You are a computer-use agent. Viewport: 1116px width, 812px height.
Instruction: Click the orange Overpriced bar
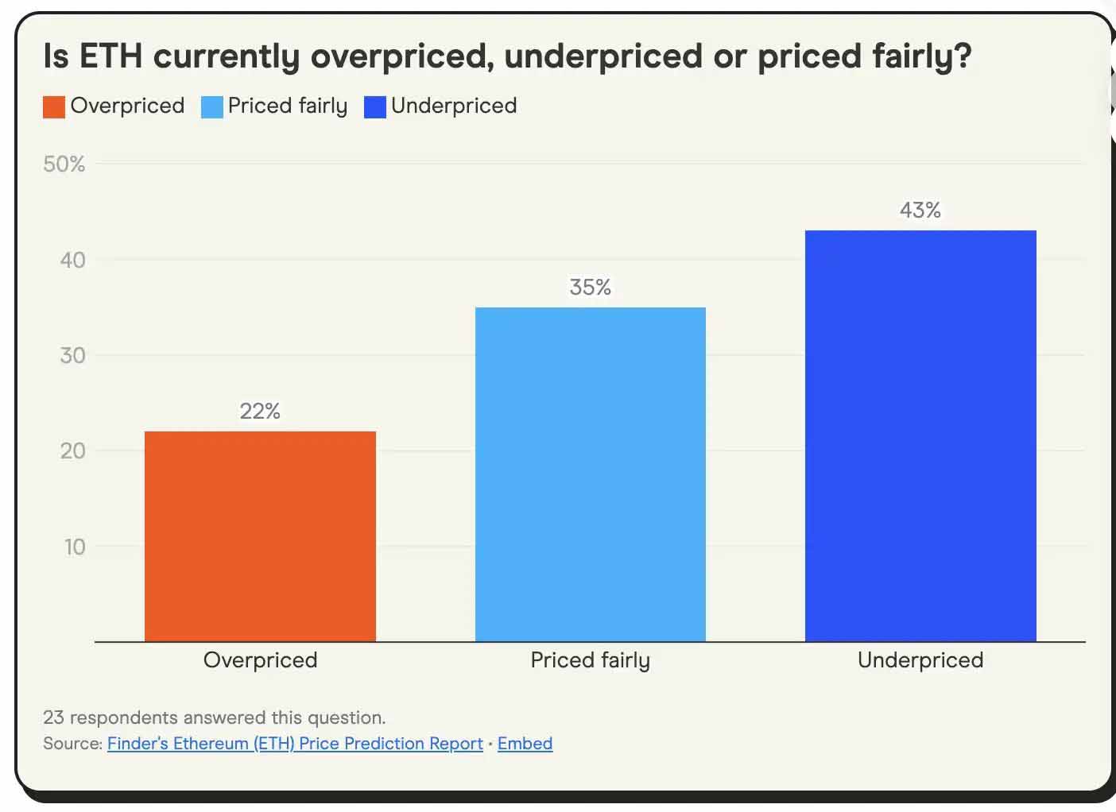click(260, 536)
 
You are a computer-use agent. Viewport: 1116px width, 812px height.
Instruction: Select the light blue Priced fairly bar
click(590, 474)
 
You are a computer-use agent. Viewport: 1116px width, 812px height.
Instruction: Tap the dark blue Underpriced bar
click(920, 435)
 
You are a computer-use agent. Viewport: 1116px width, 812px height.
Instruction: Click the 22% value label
click(260, 411)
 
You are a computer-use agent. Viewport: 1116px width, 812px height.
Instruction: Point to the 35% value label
click(590, 287)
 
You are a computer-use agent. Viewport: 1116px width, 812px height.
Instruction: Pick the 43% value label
click(920, 210)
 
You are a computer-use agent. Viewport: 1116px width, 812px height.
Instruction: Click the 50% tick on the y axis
click(64, 164)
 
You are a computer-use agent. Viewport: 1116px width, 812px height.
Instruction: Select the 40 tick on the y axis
click(72, 260)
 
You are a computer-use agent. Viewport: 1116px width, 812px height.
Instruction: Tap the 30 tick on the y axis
click(72, 355)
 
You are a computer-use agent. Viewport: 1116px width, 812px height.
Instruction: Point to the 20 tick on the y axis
click(72, 450)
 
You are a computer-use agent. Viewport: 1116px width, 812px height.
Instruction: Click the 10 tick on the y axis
click(74, 547)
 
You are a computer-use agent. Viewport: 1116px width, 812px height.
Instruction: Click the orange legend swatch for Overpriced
click(54, 106)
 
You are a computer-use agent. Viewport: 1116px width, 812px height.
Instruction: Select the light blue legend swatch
click(212, 106)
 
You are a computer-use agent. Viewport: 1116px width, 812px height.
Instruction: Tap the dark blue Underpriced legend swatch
click(374, 106)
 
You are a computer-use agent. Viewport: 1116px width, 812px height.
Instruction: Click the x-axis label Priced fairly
click(590, 660)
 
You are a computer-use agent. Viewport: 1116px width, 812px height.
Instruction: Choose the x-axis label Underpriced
click(920, 660)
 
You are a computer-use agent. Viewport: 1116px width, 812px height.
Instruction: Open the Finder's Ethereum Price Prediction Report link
click(295, 744)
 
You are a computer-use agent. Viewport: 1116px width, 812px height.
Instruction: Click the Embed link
click(525, 744)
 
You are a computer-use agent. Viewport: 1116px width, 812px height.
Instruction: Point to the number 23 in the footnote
click(53, 717)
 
